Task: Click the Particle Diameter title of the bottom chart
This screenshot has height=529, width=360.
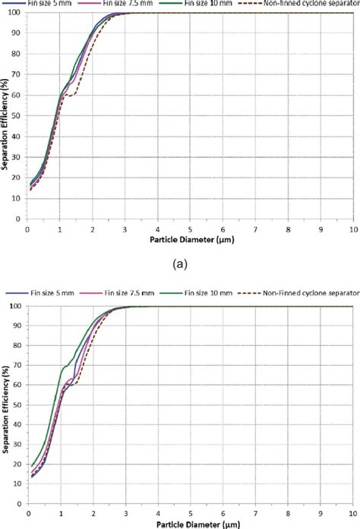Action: [x=191, y=524]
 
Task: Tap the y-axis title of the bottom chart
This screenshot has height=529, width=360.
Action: [x=5, y=406]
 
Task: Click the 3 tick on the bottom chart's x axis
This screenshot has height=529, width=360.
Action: [x=125, y=513]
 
